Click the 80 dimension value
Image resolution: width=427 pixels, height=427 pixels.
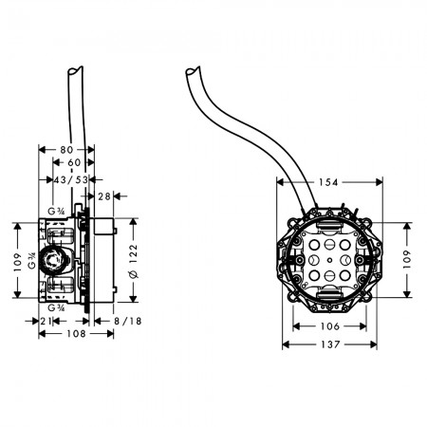tap(66, 150)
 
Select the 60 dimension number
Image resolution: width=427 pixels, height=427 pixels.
tap(74, 162)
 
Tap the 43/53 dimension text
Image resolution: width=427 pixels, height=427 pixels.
tap(71, 180)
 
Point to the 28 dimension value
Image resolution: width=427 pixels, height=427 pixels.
tap(104, 196)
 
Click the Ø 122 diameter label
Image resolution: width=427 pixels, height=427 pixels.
tap(134, 261)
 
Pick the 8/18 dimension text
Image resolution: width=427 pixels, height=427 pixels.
tap(127, 321)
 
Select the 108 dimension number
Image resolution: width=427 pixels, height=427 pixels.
tap(76, 333)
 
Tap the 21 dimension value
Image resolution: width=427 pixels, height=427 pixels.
tap(46, 321)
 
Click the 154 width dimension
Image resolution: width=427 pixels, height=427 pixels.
tap(328, 182)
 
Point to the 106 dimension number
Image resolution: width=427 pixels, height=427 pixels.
tap(329, 326)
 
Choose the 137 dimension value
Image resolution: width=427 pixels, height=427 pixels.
tap(330, 344)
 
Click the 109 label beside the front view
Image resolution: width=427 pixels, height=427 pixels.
tap(407, 259)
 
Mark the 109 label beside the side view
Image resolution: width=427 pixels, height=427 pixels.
tap(18, 262)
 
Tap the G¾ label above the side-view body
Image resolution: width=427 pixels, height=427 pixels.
tap(56, 211)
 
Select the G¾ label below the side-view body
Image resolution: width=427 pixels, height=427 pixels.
tap(56, 307)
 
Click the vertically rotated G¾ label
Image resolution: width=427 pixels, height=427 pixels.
tap(32, 261)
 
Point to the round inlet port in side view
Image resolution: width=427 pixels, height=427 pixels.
tap(51, 260)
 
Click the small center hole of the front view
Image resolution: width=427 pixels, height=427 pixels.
tap(329, 260)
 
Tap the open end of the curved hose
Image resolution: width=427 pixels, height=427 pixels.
tap(193, 71)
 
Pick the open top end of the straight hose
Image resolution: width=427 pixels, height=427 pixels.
tap(75, 70)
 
